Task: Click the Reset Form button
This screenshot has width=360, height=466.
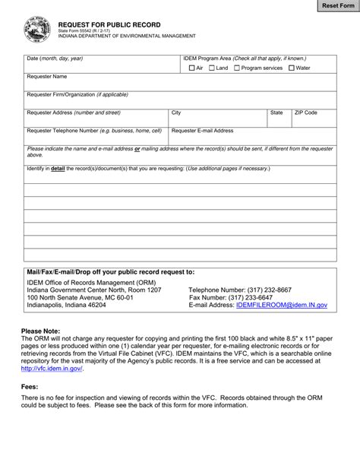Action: click(333, 6)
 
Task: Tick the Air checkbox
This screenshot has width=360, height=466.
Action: click(191, 68)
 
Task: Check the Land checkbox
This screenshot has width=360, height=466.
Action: click(211, 68)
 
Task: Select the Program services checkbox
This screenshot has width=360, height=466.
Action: click(237, 68)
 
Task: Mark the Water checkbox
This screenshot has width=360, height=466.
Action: click(291, 68)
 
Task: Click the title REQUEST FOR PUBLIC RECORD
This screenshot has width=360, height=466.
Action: click(104, 25)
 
